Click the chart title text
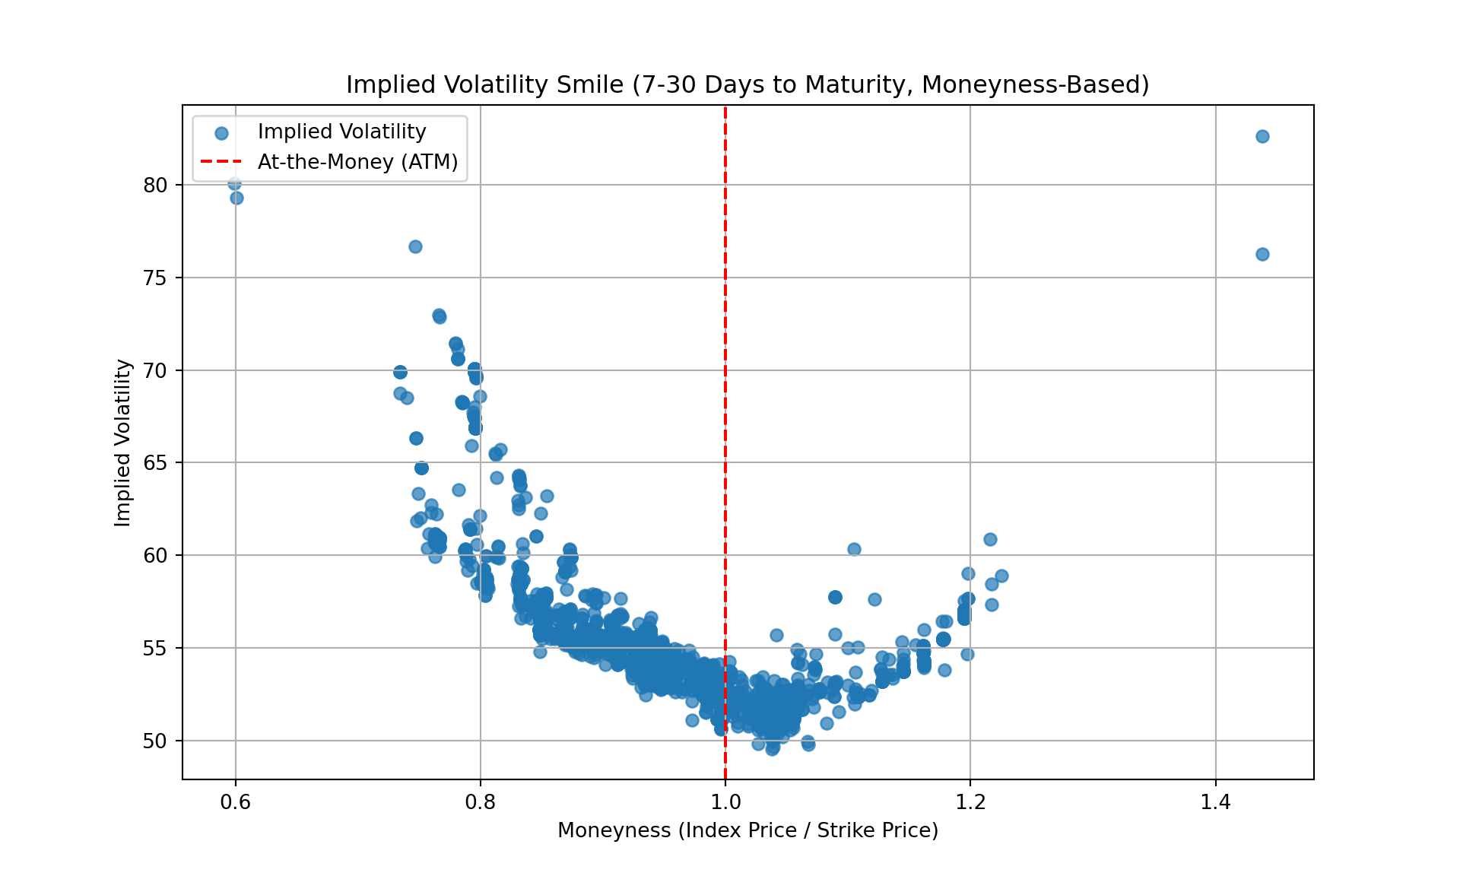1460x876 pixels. coord(747,84)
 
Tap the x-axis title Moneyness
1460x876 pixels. coord(747,830)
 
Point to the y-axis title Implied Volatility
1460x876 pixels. coord(123,443)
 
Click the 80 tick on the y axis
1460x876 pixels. coord(155,186)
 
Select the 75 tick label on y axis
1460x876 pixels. coord(155,278)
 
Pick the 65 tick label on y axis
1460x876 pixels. coord(155,463)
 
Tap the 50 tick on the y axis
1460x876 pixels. coord(155,741)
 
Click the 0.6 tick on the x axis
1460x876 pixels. coord(235,803)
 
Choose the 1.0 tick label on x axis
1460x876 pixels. coord(725,803)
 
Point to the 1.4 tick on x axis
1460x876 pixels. coord(1215,803)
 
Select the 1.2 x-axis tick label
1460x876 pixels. coord(970,803)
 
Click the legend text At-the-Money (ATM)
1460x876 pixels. coord(358,162)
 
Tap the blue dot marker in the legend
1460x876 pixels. coord(221,133)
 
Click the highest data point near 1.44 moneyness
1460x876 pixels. coord(1262,137)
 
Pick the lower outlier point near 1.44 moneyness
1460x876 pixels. coord(1262,254)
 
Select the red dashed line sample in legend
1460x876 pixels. coord(221,162)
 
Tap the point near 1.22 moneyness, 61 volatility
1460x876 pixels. coord(990,539)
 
